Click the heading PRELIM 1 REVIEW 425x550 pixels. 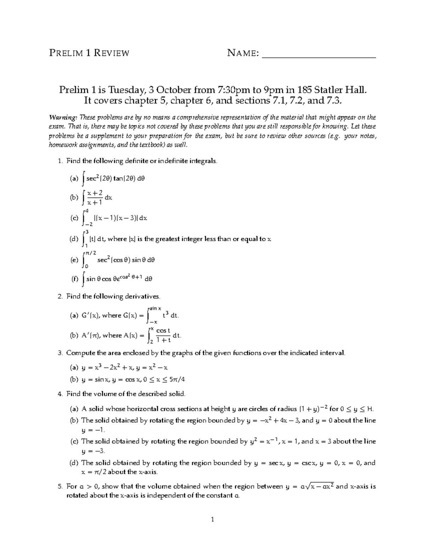tap(89, 53)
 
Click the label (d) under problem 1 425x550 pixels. tap(74, 239)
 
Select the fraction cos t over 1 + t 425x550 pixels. tap(163, 335)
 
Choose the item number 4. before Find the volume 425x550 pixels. tap(60, 393)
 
